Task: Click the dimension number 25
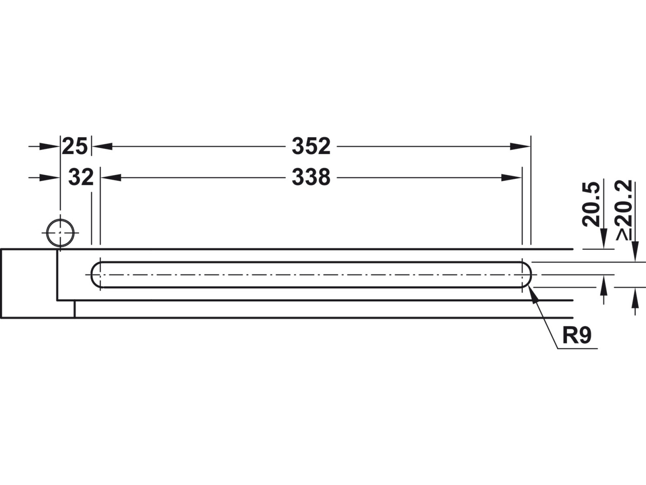click(x=75, y=146)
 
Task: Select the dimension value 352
click(x=311, y=146)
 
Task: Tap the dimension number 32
click(x=81, y=177)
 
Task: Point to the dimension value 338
click(x=311, y=177)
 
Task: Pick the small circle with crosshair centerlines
click(x=60, y=232)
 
